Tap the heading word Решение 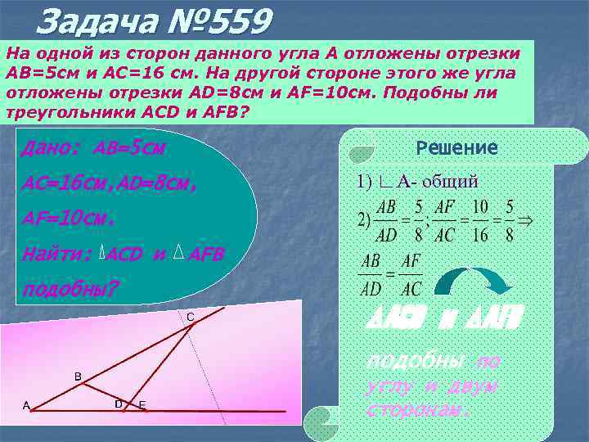456,148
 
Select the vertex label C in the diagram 190,316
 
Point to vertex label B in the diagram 78,377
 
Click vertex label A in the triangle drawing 26,405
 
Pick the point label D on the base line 119,404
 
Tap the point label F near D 142,405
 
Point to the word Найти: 58,254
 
